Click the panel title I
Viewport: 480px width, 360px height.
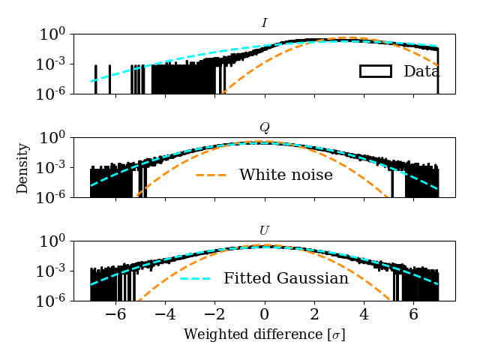pos(264,23)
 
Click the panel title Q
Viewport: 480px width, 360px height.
pos(264,127)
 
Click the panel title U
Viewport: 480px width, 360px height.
pos(264,231)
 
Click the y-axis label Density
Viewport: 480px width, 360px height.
pos(23,168)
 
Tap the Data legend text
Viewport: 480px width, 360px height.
pos(421,71)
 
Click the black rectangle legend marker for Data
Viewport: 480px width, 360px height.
pos(376,71)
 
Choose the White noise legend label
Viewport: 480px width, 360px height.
pos(286,175)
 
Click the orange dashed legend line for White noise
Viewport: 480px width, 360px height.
pos(211,175)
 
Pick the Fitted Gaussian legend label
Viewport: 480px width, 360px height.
pos(286,278)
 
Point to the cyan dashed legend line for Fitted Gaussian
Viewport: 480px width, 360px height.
pos(195,278)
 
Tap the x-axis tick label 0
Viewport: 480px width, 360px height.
pos(264,315)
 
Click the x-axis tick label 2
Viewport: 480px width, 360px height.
pos(313,315)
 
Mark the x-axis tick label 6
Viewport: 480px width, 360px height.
pos(412,315)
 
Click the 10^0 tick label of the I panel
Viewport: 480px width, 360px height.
pos(57,35)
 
